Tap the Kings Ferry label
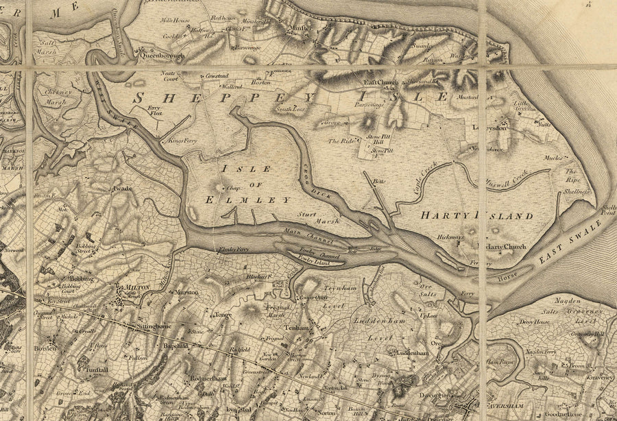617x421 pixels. coord(182,140)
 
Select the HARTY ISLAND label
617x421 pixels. coord(476,216)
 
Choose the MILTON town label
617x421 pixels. coord(137,287)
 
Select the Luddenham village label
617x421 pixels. coord(411,352)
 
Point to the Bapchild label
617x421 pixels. coord(178,347)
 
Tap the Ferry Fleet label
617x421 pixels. coord(155,111)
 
